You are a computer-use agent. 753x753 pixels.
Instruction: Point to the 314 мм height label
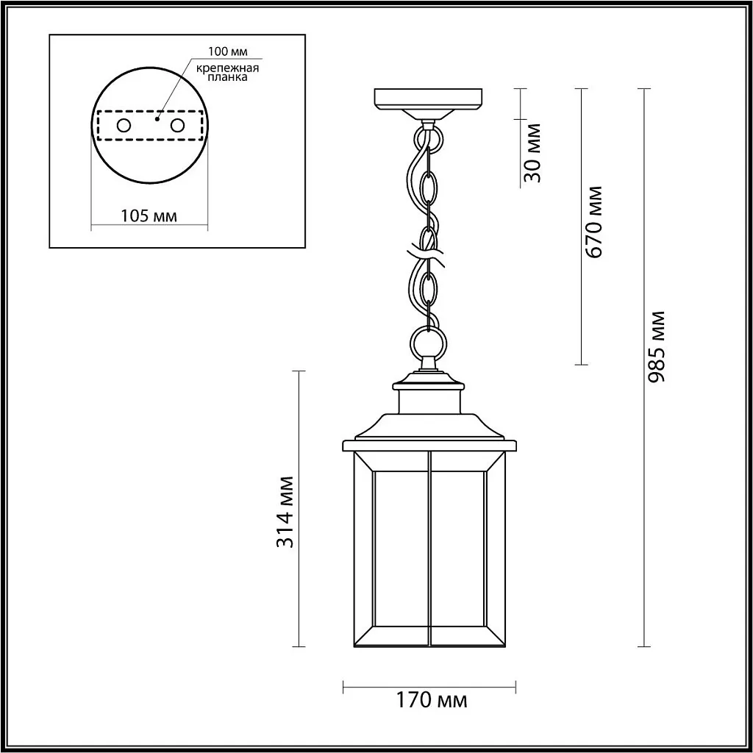pyautogui.click(x=286, y=512)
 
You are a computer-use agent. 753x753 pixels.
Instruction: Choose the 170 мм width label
pyautogui.click(x=432, y=700)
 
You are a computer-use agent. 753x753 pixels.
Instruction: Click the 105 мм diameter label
pyautogui.click(x=149, y=215)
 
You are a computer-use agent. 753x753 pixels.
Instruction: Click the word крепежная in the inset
pyautogui.click(x=227, y=68)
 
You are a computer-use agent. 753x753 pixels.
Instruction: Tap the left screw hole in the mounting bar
pyautogui.click(x=124, y=125)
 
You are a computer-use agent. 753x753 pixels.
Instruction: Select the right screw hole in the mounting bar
pyautogui.click(x=177, y=125)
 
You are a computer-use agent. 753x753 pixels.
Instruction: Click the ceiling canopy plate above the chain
pyautogui.click(x=429, y=99)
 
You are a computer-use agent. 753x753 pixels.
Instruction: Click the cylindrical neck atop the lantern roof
pyautogui.click(x=429, y=402)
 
